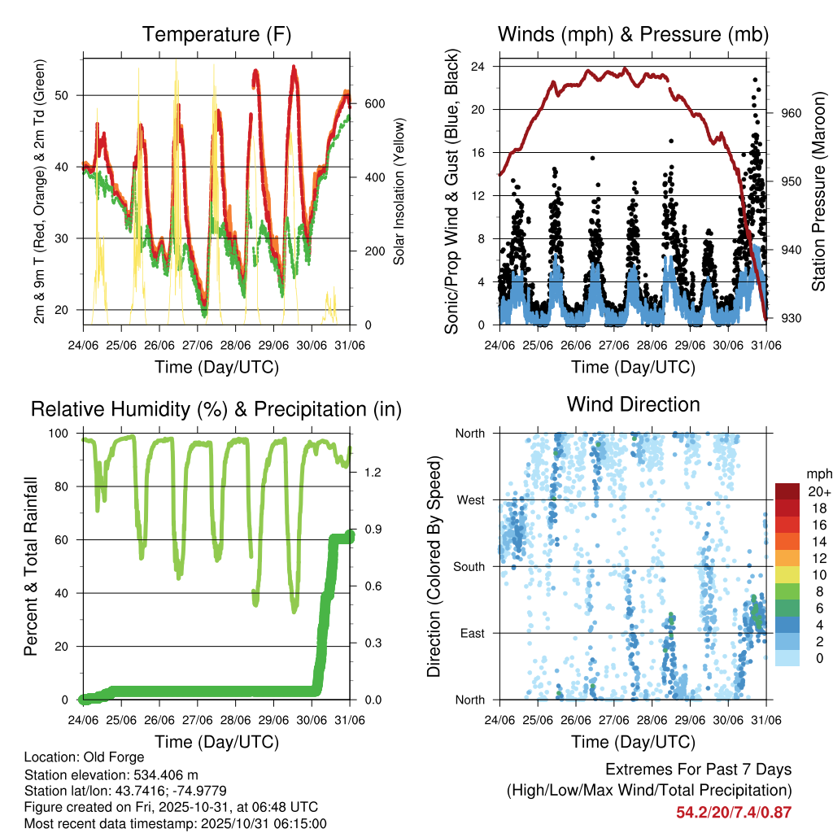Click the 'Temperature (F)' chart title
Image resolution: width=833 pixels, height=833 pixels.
click(x=216, y=34)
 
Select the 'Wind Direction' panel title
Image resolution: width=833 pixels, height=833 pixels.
click(x=633, y=403)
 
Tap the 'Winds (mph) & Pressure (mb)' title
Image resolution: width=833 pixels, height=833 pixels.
click(x=633, y=34)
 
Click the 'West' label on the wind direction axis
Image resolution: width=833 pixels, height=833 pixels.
click(x=470, y=499)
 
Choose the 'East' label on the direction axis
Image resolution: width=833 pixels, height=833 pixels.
click(x=471, y=633)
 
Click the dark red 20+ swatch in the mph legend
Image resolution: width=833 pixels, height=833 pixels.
click(x=787, y=491)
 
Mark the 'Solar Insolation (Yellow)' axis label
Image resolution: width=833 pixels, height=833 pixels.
click(x=399, y=191)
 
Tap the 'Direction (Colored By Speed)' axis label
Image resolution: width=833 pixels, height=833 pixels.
click(x=434, y=566)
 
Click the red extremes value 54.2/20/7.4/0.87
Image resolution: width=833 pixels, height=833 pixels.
click(x=734, y=813)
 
